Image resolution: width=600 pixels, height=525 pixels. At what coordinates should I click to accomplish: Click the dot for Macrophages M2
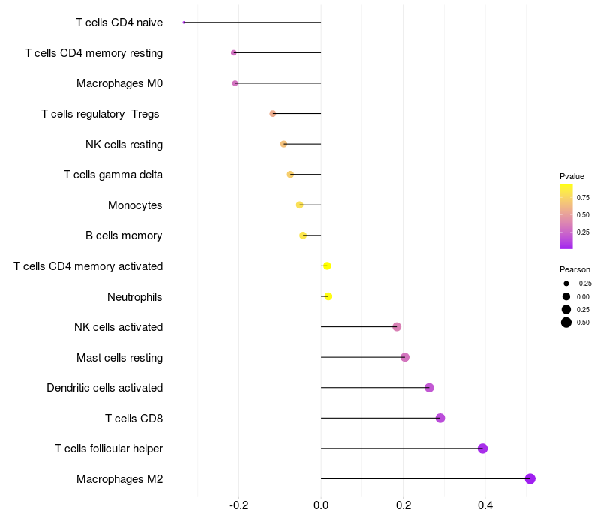click(x=529, y=478)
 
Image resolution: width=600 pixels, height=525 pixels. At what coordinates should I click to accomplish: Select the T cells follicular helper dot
click(x=482, y=448)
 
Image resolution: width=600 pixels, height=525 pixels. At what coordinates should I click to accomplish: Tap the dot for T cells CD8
click(x=440, y=418)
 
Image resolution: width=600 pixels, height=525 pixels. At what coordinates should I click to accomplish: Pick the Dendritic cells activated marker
click(x=429, y=388)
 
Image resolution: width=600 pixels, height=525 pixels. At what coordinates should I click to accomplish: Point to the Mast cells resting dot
click(x=405, y=357)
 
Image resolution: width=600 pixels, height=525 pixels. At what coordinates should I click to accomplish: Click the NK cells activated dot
click(x=397, y=327)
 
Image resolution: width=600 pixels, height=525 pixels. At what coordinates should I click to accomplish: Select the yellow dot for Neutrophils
click(x=328, y=296)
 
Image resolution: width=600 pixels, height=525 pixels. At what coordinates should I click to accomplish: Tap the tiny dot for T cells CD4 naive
click(x=184, y=22)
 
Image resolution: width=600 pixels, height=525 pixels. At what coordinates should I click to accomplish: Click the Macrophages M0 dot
click(x=235, y=83)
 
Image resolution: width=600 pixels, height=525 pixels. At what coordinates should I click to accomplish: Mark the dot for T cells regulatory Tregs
click(x=273, y=114)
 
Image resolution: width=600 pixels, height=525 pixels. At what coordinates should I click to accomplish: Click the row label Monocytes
click(x=135, y=205)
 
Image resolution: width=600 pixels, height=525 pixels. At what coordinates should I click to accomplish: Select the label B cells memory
click(x=124, y=235)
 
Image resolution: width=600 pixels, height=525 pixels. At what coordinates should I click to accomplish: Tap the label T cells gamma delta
click(x=113, y=175)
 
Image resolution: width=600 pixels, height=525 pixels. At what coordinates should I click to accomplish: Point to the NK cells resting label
click(x=124, y=144)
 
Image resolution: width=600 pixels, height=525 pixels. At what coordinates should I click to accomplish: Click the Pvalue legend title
click(x=571, y=176)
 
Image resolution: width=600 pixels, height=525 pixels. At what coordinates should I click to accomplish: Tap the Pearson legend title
click(x=574, y=269)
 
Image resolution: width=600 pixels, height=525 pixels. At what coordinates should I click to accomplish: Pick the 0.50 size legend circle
click(x=566, y=322)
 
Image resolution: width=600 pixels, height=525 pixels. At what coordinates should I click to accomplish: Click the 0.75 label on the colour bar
click(x=583, y=198)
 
